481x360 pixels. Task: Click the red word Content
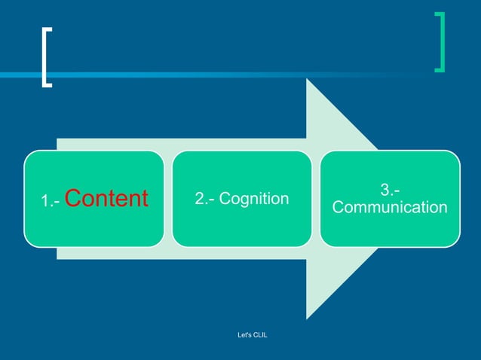point(106,199)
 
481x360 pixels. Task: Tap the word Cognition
point(254,199)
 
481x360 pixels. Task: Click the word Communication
point(390,207)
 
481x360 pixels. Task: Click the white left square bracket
point(46,57)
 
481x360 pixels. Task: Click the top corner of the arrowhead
point(307,79)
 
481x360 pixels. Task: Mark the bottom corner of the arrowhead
point(307,319)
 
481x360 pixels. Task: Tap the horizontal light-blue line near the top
point(226,75)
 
